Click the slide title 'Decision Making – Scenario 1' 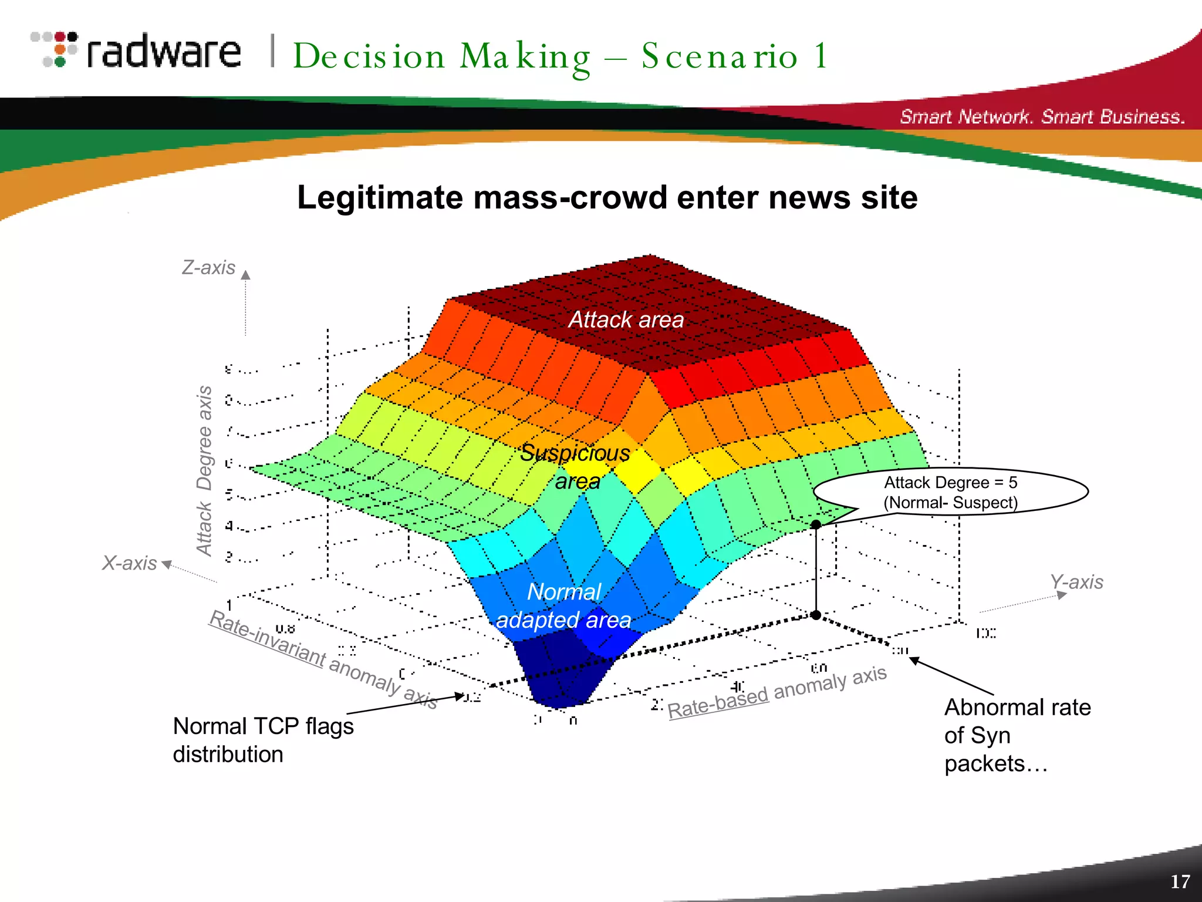[561, 57]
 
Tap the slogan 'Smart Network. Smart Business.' [1042, 116]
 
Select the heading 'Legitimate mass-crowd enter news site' [607, 197]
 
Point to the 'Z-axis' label [208, 268]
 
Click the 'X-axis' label [129, 563]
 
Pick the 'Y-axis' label [1076, 582]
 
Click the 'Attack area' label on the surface [626, 320]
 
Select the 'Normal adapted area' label [564, 606]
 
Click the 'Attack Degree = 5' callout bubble [951, 492]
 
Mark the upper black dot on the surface [816, 524]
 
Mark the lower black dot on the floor [816, 615]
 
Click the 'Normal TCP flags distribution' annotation [263, 740]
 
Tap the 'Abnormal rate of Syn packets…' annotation [1017, 735]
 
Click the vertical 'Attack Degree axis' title [204, 470]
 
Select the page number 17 [1180, 881]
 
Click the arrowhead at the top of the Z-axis [246, 275]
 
